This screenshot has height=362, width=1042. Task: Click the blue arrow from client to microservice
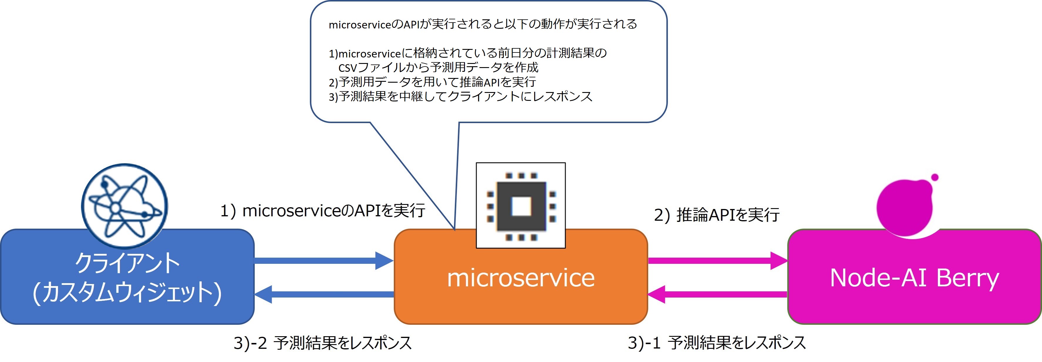point(323,261)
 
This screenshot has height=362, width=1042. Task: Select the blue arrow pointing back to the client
point(323,294)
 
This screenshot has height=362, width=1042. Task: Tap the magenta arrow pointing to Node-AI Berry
point(718,261)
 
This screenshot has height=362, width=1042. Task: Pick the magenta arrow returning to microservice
point(718,294)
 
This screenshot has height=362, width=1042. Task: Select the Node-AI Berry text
point(914,279)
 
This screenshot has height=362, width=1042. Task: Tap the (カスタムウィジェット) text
point(127,293)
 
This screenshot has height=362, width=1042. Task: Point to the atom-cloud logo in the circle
point(124,206)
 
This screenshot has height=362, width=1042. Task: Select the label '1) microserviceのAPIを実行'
point(322,211)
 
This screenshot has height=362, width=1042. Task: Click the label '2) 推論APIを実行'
point(717,215)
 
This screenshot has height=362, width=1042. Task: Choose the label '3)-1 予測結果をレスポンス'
point(717,343)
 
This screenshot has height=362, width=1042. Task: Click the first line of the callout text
point(483,24)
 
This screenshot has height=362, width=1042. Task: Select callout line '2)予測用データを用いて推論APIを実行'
point(432,82)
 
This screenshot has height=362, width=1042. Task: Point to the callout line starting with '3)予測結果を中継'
point(460,96)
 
